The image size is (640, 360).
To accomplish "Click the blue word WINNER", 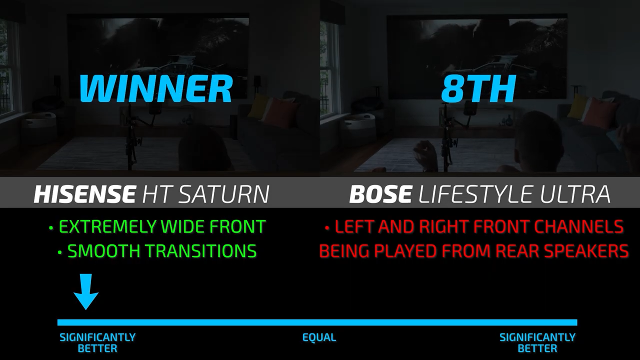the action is (156, 88).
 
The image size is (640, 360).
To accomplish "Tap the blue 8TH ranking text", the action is (478, 88).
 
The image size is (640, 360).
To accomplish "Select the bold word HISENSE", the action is (85, 194).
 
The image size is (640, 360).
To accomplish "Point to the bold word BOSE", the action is (380, 194).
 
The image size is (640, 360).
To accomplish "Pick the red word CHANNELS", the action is (579, 226).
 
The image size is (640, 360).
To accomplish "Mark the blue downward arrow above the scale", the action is (86, 291).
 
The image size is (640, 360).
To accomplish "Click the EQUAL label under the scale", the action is (319, 337).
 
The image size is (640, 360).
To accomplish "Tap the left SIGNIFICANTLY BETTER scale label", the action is (97, 343).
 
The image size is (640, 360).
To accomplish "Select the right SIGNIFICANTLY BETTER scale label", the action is (537, 343).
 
